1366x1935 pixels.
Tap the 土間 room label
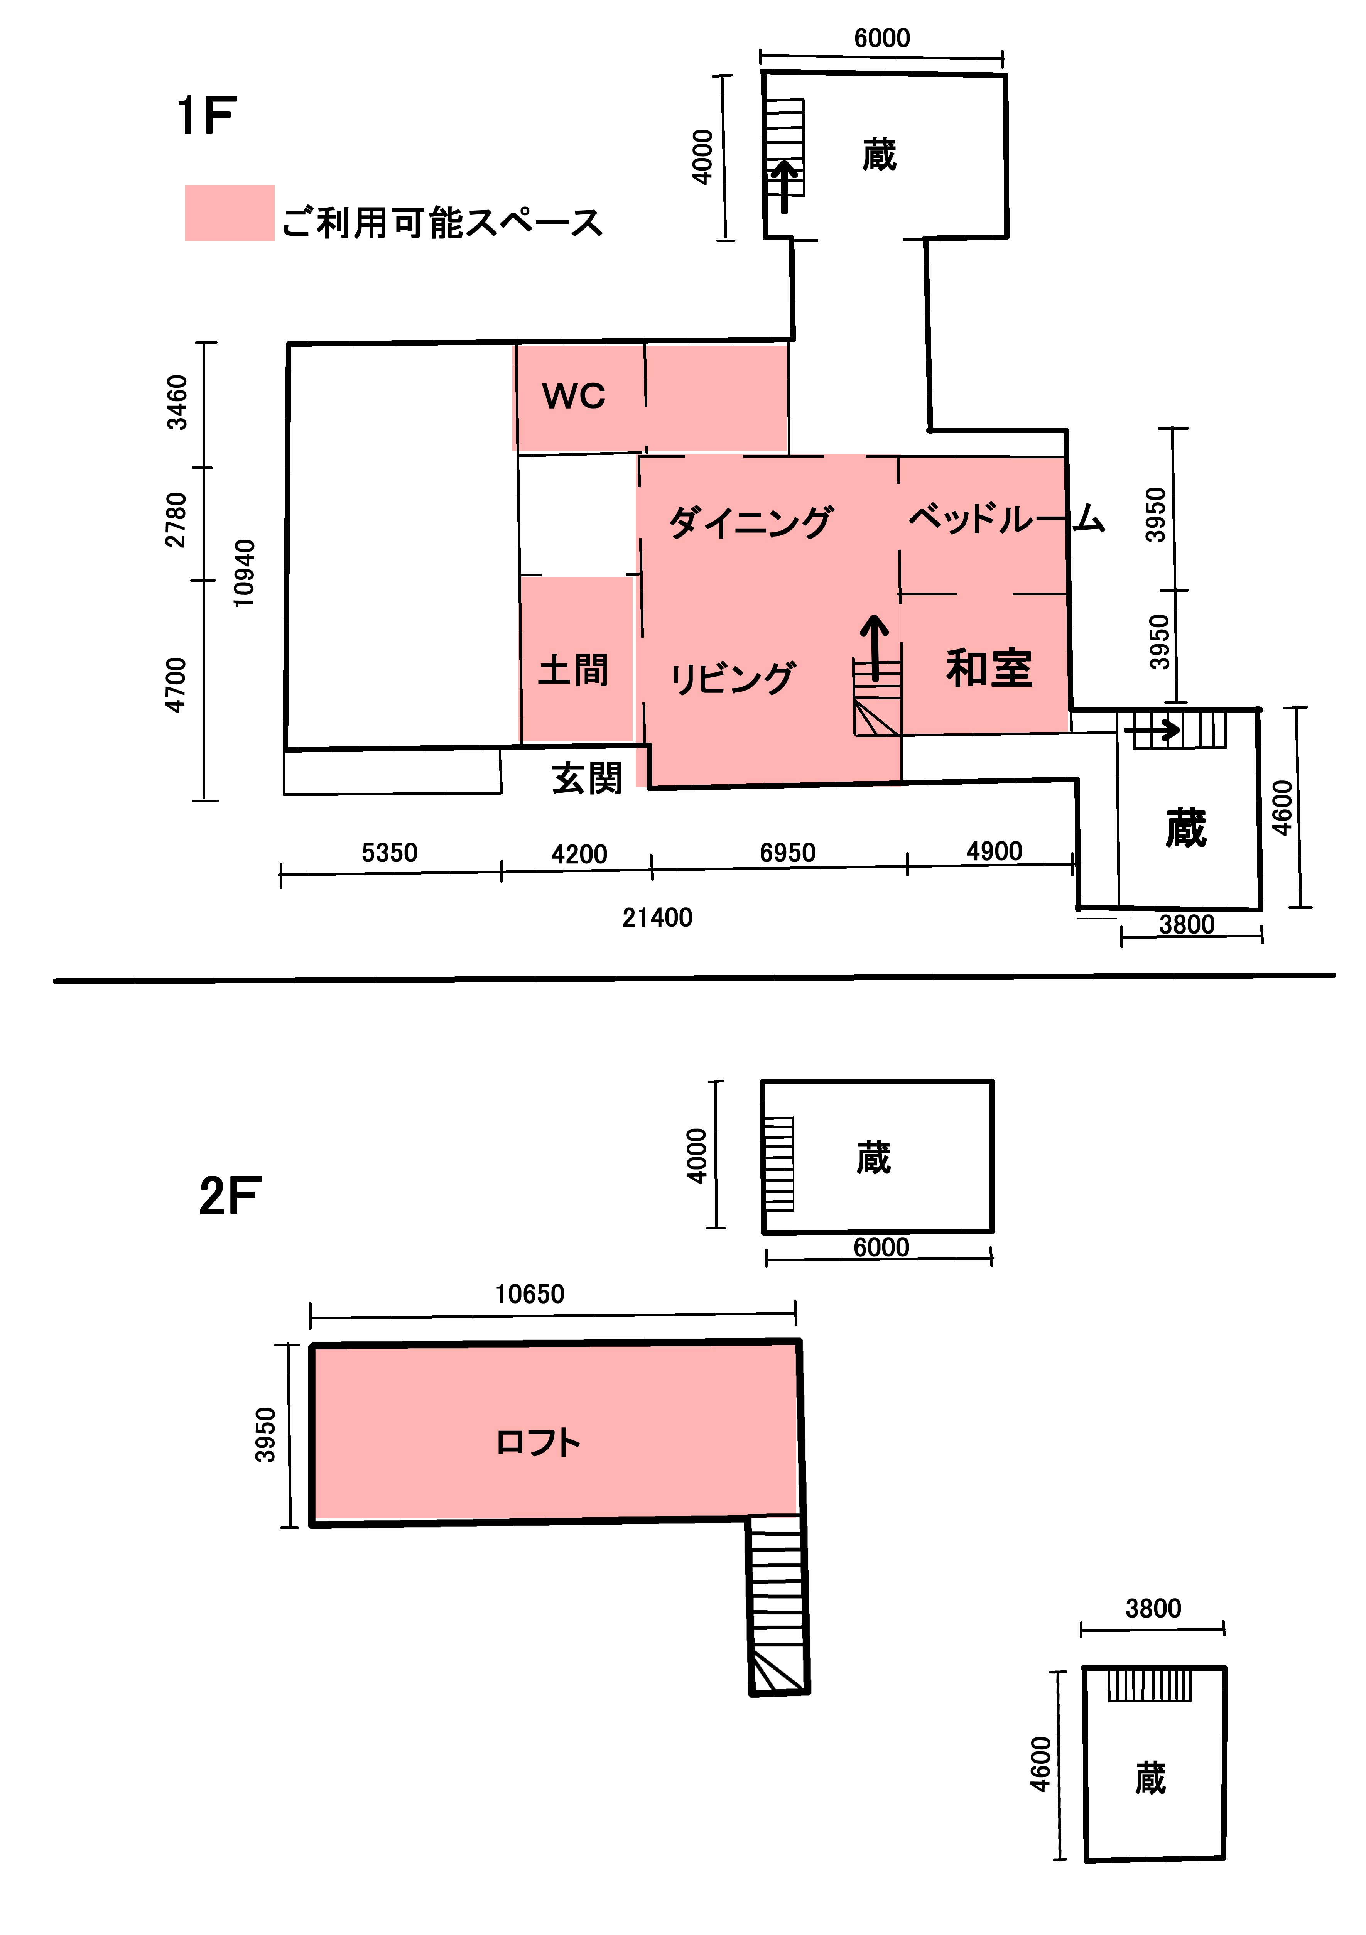tap(573, 671)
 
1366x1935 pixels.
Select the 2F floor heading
tap(230, 1196)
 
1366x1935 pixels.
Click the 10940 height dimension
tap(243, 573)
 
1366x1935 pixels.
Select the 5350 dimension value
tap(389, 853)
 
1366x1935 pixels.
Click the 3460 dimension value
tap(177, 403)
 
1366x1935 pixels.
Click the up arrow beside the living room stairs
tap(875, 647)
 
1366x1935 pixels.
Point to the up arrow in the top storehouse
tap(785, 186)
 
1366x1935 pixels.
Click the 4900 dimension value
tap(995, 851)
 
